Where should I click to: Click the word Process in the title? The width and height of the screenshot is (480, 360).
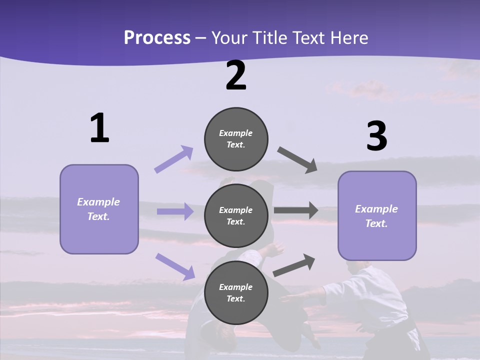157,37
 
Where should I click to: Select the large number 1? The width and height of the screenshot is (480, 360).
99,128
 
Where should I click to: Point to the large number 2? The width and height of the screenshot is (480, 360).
236,76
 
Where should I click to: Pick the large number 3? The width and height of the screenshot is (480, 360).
376,136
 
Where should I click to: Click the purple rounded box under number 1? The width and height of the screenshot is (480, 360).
99,209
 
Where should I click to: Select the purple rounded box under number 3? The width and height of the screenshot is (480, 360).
376,215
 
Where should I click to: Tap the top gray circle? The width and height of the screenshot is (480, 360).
236,139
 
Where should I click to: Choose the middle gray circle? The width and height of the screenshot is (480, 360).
236,215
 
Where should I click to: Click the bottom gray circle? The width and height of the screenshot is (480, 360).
236,292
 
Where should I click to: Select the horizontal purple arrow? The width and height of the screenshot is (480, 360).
175,211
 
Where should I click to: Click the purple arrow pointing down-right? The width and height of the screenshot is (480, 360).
175,266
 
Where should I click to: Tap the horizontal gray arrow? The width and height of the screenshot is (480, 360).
296,210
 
